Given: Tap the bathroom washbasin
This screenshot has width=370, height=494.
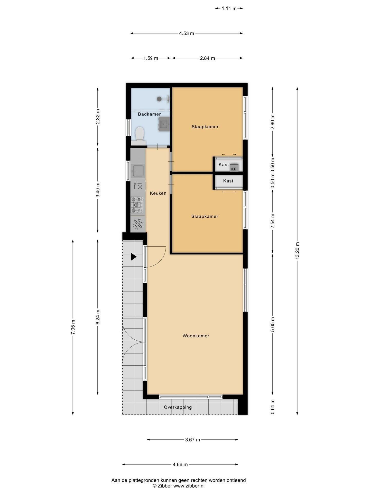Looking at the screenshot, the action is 164,124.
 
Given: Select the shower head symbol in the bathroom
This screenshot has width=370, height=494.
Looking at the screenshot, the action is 160,98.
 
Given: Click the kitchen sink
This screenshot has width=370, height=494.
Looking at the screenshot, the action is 138,171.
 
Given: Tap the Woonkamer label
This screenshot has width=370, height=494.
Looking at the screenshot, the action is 196,336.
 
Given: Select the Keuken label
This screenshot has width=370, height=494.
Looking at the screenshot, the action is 158,193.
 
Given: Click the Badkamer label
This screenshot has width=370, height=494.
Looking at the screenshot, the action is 149,114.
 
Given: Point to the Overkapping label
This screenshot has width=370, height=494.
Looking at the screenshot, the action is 178,407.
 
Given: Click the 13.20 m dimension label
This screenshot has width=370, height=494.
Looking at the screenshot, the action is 297,251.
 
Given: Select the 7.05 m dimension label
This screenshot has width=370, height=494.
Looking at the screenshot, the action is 73,327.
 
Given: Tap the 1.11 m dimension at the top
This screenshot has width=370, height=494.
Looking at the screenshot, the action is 229,8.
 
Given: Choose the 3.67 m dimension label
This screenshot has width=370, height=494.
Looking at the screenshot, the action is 192,440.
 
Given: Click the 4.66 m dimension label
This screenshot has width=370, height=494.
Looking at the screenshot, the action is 180,464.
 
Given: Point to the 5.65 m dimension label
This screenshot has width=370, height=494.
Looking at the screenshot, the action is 273,324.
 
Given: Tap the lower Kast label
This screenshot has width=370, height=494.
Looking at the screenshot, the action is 228,181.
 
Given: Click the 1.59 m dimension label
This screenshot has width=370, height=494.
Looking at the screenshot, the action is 151,58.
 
